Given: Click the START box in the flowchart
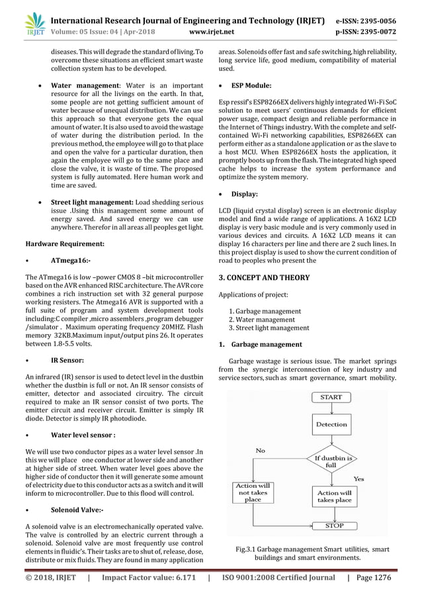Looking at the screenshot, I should click(331, 397).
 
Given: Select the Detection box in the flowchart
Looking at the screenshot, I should click(331, 424).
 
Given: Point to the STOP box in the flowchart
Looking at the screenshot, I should click(331, 526).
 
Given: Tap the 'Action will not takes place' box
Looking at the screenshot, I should click(253, 492).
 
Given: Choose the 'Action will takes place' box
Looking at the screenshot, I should click(333, 496).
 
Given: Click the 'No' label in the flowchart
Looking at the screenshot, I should click(261, 450).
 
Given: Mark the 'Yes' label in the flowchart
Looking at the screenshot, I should click(359, 478).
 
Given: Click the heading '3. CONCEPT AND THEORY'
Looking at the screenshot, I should click(265, 277).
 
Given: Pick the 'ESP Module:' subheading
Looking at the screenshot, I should click(251, 85).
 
